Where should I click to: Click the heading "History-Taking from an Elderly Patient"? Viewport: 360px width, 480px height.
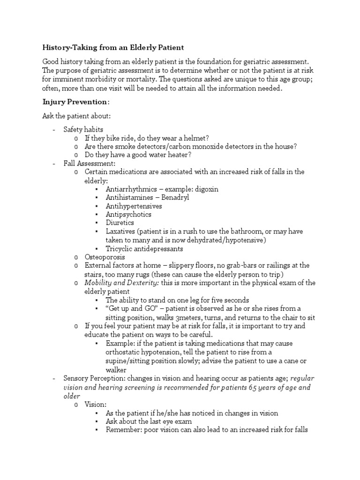tap(113, 47)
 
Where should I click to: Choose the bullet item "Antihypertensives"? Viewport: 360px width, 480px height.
tap(134, 206)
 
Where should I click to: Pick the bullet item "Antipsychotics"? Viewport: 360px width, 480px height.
tap(128, 214)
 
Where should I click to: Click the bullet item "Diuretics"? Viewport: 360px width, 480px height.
tap(120, 223)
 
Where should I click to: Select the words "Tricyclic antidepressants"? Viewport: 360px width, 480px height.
tap(144, 248)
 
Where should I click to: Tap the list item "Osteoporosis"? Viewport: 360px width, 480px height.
tap(105, 257)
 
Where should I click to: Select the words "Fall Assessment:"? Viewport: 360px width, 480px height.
tap(90, 164)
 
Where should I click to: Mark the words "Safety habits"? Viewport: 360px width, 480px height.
tap(83, 129)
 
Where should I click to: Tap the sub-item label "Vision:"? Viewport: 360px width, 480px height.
tap(96, 404)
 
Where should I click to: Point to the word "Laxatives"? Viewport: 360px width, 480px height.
tap(120, 232)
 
